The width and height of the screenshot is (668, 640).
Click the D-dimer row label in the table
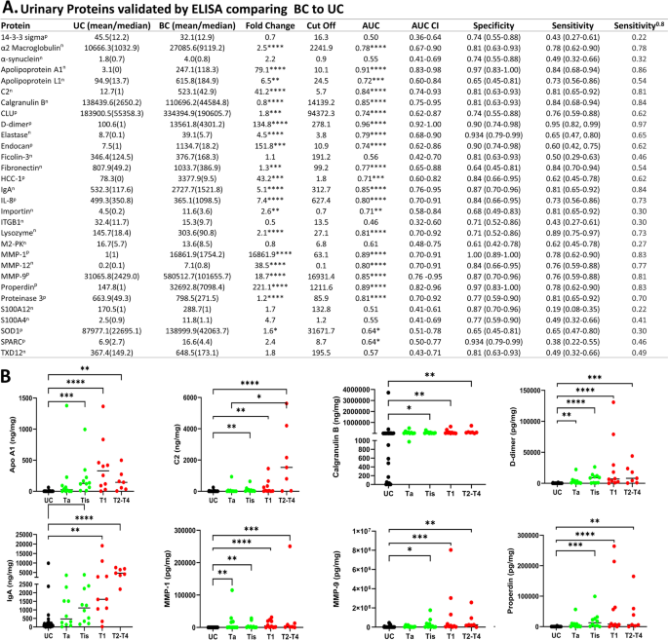click(x=21, y=153)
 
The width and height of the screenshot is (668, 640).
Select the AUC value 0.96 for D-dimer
click(x=395, y=153)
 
